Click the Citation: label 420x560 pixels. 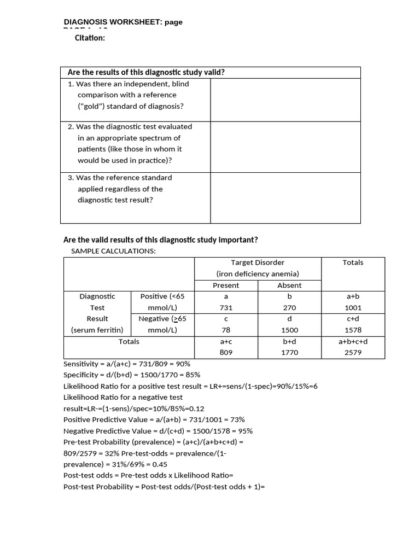pos(90,38)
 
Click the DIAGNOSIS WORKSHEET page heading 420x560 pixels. pos(123,22)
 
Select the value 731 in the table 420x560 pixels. pos(226,308)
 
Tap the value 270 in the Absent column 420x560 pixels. pos(289,308)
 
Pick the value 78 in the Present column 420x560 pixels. pos(226,330)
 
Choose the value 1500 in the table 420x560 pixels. pos(289,330)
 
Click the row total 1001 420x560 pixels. pos(353,308)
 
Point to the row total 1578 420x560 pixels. pos(353,330)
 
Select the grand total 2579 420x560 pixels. pos(353,353)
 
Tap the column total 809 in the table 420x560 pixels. pos(226,353)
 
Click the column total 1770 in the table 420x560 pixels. pos(289,353)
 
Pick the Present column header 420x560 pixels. pos(226,285)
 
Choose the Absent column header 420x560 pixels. pos(289,285)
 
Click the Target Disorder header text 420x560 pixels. pos(258,262)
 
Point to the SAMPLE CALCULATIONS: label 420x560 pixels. pos(113,251)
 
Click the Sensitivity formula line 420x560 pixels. pos(127,364)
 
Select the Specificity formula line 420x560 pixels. pos(132,375)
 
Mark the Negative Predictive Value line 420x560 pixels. pos(158,431)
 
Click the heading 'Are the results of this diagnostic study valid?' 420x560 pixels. pos(146,72)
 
